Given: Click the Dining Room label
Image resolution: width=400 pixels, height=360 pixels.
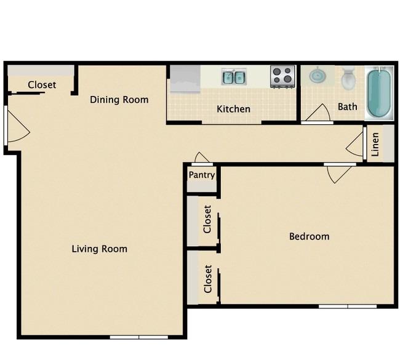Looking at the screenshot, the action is coord(119,100).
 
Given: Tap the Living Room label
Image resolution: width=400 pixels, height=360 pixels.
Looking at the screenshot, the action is coord(100,249).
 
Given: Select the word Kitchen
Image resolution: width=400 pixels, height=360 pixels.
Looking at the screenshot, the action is coord(233,109).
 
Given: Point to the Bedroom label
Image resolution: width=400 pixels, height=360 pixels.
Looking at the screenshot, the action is coord(309,236).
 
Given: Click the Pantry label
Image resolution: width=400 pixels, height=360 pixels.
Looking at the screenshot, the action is coord(202,175).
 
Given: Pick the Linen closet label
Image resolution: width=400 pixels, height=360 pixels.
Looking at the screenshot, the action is coord(375,145).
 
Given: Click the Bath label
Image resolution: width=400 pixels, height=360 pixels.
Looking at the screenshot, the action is coord(348,106).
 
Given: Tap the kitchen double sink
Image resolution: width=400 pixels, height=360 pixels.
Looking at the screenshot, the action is coord(234,77).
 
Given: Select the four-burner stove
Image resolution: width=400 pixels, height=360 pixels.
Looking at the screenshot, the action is coord(282,77).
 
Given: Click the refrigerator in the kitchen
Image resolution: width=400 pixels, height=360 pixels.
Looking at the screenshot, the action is coord(185,79).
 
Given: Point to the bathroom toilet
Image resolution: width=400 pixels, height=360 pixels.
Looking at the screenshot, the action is coord(348,78).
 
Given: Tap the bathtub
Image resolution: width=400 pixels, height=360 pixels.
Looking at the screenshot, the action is coord(379,94).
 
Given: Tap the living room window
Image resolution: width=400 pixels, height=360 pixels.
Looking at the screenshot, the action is coord(139,337).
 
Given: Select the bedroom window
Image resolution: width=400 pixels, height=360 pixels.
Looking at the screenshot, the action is coord(348,306).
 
